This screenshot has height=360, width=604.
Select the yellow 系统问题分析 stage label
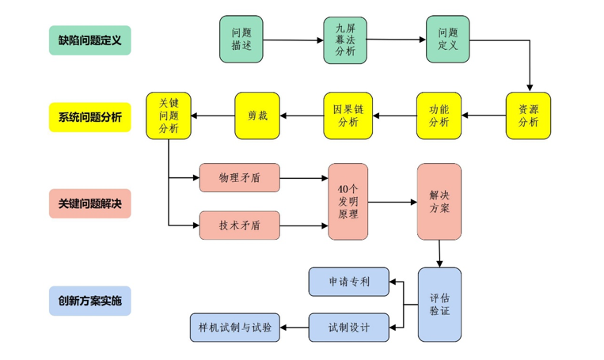(x=89, y=117)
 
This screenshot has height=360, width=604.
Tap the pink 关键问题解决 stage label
(x=89, y=203)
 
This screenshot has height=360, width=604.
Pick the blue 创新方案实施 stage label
(x=89, y=301)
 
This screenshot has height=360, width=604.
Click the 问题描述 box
(x=241, y=40)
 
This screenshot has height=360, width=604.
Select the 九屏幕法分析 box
(x=345, y=40)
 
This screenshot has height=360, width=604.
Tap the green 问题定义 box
(x=448, y=40)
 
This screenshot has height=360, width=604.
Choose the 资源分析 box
(x=528, y=116)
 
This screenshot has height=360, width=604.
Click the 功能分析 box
(x=439, y=116)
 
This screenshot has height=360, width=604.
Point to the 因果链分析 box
(x=348, y=116)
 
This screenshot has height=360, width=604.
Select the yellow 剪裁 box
(x=257, y=116)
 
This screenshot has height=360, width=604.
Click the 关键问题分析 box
(x=169, y=116)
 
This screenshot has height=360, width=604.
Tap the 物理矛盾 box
(x=239, y=178)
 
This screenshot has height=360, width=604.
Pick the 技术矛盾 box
(x=239, y=225)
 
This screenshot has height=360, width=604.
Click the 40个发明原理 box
(x=348, y=202)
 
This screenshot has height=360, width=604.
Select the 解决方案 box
(x=439, y=202)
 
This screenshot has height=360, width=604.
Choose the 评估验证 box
(x=439, y=305)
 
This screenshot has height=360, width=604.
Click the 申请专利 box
(x=348, y=282)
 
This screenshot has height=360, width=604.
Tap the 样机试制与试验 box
(x=234, y=328)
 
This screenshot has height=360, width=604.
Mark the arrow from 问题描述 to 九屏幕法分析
(x=293, y=40)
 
